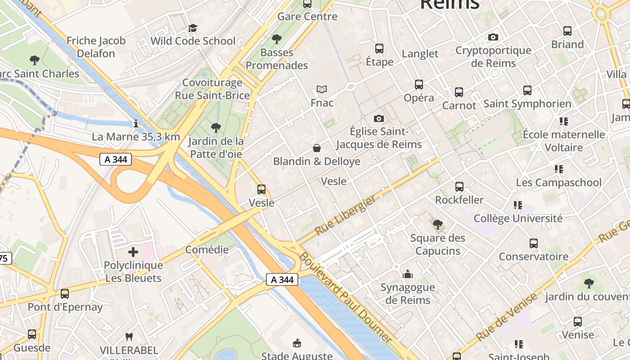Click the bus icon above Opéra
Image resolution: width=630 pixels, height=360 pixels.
(x=419, y=84)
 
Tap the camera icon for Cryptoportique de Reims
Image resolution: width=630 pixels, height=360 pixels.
(x=493, y=37)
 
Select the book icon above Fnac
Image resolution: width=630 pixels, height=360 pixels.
(x=322, y=89)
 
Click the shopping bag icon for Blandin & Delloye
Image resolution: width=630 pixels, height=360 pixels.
(x=317, y=148)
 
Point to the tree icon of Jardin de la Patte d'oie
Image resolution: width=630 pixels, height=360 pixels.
(x=216, y=128)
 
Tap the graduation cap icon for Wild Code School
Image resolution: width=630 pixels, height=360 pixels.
(x=193, y=28)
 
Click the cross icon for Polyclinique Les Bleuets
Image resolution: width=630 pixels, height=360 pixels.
(x=133, y=252)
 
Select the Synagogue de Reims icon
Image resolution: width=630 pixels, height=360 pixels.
(x=408, y=274)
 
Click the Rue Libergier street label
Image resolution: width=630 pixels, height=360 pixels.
(x=345, y=215)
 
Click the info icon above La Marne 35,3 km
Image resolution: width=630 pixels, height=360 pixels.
(x=136, y=123)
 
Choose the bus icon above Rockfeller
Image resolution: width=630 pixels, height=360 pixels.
(x=459, y=186)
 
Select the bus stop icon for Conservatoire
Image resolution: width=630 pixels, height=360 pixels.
(x=534, y=243)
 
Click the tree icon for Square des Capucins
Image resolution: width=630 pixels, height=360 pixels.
(x=437, y=224)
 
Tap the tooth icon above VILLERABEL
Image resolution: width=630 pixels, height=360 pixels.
(x=129, y=337)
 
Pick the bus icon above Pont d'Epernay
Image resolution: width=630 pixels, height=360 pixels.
(x=65, y=294)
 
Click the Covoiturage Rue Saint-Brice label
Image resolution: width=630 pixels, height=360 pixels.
(x=212, y=89)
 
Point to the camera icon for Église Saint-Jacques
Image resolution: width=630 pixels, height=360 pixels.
(x=379, y=118)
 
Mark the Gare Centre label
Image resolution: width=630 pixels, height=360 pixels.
(x=307, y=17)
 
